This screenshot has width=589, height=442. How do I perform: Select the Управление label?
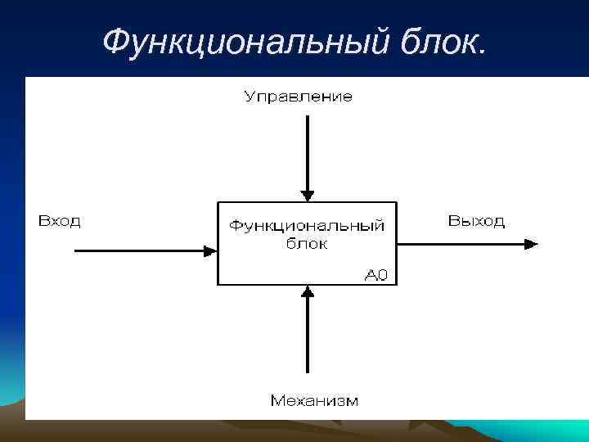coord(299,97)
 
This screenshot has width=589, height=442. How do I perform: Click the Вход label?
coord(59,221)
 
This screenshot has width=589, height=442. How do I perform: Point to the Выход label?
coord(476,221)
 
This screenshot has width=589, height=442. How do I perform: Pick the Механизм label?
coord(314,400)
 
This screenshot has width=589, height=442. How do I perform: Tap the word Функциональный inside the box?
coord(306,226)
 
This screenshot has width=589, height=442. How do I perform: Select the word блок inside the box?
coord(307,244)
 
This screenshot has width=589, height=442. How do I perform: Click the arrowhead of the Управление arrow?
coord(307,196)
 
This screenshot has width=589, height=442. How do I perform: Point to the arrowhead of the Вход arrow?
coord(211,251)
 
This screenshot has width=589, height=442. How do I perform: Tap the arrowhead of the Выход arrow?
coord(532,243)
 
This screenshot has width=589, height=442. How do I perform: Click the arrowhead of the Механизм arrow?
coord(307,291)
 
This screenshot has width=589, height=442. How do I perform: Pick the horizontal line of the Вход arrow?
coord(139,251)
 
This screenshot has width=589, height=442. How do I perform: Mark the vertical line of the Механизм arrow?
coord(307,340)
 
